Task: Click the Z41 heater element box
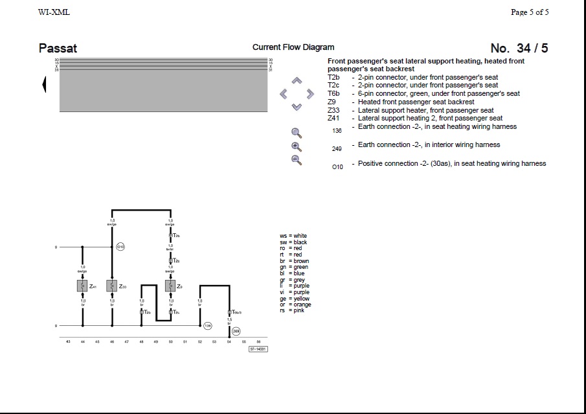82,286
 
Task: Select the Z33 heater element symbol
112,286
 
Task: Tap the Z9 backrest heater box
170,286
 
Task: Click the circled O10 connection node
120,247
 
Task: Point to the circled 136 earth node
207,326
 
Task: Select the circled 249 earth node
236,331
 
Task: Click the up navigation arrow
297,81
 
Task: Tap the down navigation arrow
297,107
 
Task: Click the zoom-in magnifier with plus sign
297,147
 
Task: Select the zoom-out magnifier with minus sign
297,160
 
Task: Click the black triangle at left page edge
44,84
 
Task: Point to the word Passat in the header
58,49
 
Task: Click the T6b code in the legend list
333,93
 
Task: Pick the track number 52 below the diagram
199,341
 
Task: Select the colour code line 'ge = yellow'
295,299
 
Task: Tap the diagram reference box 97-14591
258,349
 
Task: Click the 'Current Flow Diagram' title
293,47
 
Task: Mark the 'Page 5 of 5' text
530,12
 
